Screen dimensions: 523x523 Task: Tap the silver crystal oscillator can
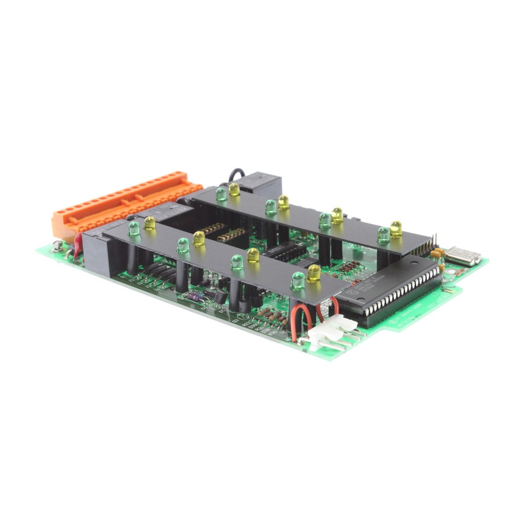pyautogui.click(x=463, y=255)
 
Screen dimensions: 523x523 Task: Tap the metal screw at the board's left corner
pyautogui.click(x=56, y=246)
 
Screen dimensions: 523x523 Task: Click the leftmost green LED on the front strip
pyautogui.click(x=134, y=229)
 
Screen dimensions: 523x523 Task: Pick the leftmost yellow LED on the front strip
pyautogui.click(x=150, y=223)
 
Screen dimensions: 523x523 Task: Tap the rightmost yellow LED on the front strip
pyautogui.click(x=314, y=273)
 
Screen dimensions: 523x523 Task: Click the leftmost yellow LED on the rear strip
pyautogui.click(x=234, y=189)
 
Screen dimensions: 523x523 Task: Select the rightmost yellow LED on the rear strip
pyautogui.click(x=396, y=229)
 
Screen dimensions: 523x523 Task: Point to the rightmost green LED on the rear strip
pyautogui.click(x=383, y=235)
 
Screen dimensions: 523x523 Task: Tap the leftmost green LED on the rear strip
pyautogui.click(x=221, y=194)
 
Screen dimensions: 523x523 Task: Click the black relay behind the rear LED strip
pyautogui.click(x=261, y=184)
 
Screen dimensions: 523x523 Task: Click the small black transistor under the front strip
pyautogui.click(x=221, y=297)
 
